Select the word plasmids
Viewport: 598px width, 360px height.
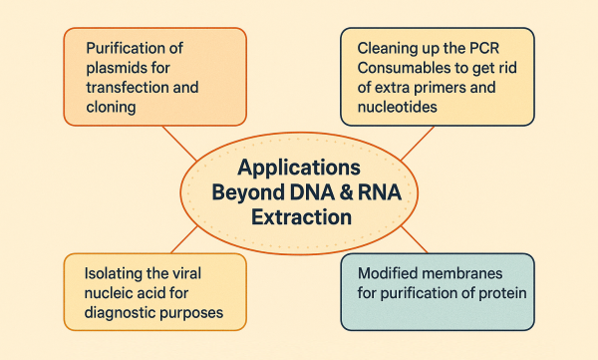click(x=119, y=69)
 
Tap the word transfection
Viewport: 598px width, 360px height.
click(x=134, y=88)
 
